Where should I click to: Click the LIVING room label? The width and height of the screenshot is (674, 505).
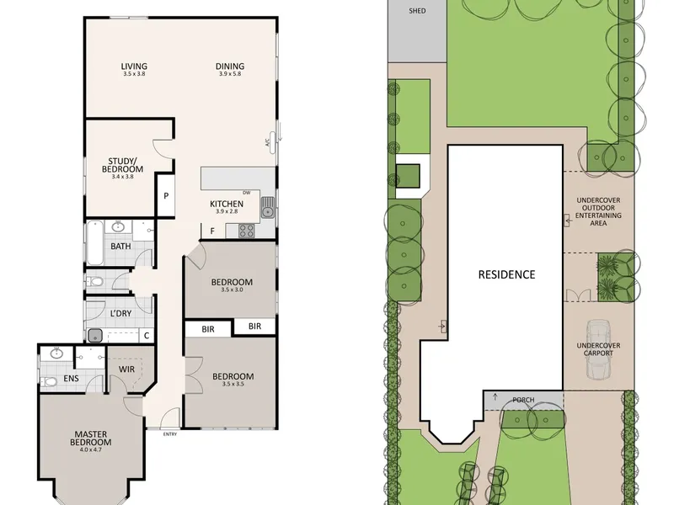click(134, 66)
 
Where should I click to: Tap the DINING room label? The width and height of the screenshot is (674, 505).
click(230, 66)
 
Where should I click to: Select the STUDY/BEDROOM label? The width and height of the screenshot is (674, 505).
click(122, 165)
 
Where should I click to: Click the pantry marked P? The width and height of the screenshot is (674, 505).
click(166, 196)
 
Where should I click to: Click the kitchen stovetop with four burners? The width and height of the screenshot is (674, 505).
click(246, 231)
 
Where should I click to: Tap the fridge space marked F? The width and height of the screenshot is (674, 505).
click(212, 231)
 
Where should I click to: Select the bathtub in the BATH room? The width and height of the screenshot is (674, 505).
click(95, 243)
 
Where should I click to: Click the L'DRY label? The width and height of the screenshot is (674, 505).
click(120, 313)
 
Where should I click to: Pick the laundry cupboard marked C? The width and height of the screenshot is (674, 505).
click(147, 335)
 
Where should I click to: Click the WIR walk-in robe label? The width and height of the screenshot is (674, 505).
click(126, 369)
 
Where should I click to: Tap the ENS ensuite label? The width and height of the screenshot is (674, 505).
click(71, 378)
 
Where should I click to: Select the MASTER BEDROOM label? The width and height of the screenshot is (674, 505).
click(91, 439)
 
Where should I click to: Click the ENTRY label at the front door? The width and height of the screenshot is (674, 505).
click(170, 434)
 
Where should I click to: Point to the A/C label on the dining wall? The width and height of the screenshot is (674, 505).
click(267, 142)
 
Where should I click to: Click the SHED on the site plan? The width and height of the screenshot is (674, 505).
click(417, 31)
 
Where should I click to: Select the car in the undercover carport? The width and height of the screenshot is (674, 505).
click(598, 349)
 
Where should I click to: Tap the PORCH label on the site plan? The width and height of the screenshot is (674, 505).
click(523, 400)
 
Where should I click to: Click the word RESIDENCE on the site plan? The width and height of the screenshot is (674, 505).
click(507, 274)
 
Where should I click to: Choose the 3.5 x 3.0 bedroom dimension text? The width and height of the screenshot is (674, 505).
click(233, 290)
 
